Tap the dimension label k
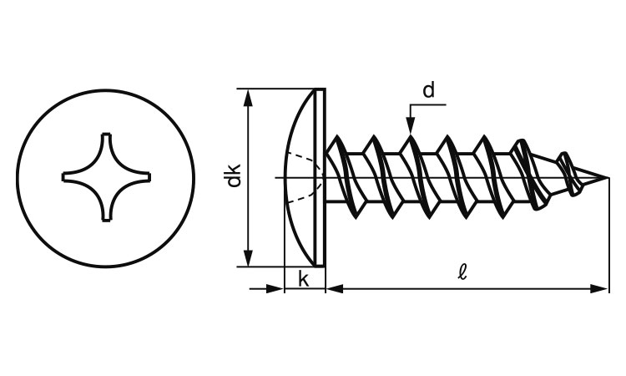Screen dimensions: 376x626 pos(304,279)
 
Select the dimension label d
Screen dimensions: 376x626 pos(428,90)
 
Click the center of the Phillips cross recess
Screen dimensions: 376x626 pos(105,176)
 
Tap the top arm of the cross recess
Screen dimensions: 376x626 pos(105,140)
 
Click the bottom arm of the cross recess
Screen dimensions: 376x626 pos(105,213)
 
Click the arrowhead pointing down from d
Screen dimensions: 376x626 pos(411,126)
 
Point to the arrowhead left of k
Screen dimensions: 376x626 pos(275,288)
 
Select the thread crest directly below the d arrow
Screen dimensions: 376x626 pos(411,139)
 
